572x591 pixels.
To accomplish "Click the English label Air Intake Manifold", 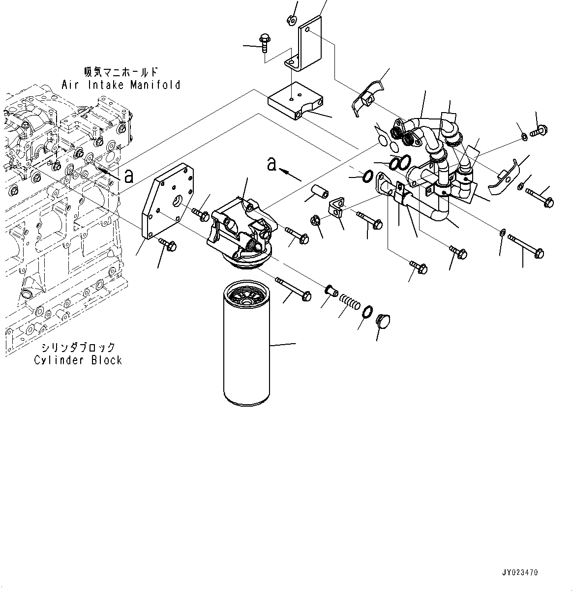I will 121,85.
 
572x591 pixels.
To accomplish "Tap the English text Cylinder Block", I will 78,360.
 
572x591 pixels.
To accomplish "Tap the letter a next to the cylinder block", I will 129,176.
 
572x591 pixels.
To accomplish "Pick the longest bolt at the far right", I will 526,246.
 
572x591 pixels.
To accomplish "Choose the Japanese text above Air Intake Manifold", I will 121,72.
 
